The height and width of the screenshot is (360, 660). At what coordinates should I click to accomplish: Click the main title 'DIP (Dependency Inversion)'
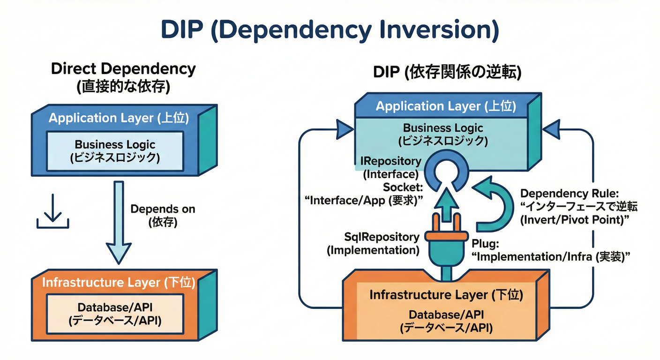pyautogui.click(x=330, y=30)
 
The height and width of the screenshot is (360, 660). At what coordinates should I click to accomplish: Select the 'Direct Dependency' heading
pyautogui.click(x=123, y=69)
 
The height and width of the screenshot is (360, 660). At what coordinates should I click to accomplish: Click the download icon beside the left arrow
pyautogui.click(x=52, y=212)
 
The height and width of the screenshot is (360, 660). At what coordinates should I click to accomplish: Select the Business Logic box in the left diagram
pyautogui.click(x=115, y=151)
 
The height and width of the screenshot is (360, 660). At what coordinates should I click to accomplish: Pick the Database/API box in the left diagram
pyautogui.click(x=115, y=314)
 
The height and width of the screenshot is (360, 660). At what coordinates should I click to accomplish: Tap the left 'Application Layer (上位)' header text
pyautogui.click(x=119, y=118)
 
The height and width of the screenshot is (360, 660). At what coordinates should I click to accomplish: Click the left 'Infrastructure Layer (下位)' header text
pyautogui.click(x=119, y=283)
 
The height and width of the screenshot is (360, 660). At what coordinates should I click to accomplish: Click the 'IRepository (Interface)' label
pyautogui.click(x=390, y=168)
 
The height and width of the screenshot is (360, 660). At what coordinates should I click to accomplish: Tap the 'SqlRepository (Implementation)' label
pyautogui.click(x=373, y=244)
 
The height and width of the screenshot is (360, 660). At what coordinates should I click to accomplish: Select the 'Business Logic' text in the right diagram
pyautogui.click(x=442, y=128)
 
